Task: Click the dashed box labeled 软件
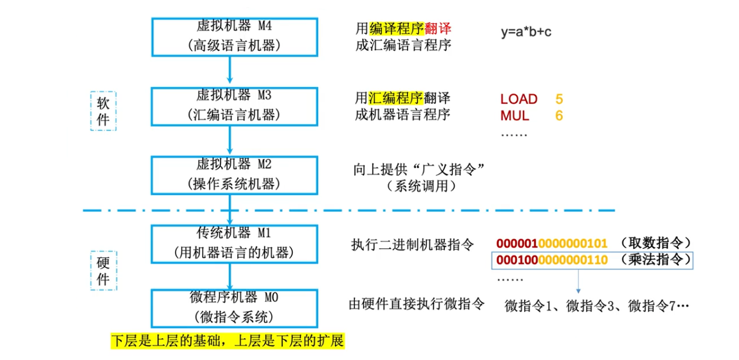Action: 103,112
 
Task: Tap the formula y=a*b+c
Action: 525,32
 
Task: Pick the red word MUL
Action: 514,115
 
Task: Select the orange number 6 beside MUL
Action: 559,115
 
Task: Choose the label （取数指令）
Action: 654,243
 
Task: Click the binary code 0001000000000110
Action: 552,261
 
